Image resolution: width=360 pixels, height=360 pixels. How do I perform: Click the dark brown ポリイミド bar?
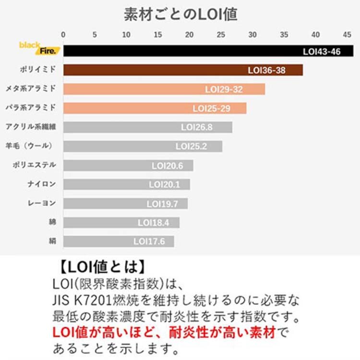(x=182, y=70)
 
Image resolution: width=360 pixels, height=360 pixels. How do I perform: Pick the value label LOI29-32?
(x=224, y=89)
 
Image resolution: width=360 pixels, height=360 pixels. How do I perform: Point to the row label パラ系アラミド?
(x=31, y=108)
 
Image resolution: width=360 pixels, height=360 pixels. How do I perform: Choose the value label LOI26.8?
(x=196, y=127)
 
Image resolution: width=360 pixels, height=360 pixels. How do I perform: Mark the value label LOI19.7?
(x=162, y=204)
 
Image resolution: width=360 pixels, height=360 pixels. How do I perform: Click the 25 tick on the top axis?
(x=221, y=35)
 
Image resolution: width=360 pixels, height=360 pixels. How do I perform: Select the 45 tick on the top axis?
(x=347, y=35)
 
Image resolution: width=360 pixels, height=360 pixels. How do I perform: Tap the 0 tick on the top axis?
(x=63, y=35)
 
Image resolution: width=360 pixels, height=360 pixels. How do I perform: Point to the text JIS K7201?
(x=81, y=300)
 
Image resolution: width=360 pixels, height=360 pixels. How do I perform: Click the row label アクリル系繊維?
(x=31, y=127)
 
